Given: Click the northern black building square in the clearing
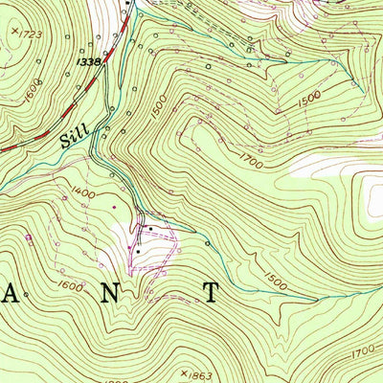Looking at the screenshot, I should point(146,229).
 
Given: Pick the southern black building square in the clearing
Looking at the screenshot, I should point(136,250).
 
